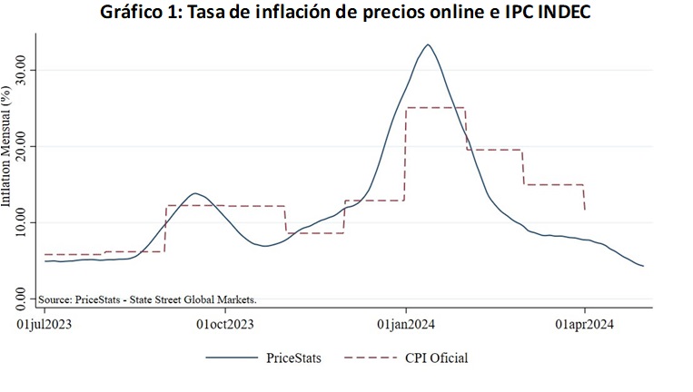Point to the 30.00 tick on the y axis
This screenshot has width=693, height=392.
[x=25, y=70]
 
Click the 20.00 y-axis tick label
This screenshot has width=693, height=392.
[x=25, y=146]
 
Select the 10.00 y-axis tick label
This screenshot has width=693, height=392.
[x=25, y=222]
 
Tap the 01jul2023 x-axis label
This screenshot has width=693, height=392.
[x=45, y=322]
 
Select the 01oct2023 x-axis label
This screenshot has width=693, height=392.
[x=224, y=322]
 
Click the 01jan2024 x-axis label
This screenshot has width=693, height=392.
[x=405, y=322]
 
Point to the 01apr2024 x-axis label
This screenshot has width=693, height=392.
[x=584, y=322]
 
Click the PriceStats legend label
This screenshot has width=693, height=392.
[x=293, y=358]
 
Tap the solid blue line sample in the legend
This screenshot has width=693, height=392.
[x=231, y=358]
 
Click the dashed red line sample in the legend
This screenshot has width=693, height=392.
[x=370, y=358]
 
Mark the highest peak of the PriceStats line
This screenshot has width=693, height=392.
[x=428, y=44]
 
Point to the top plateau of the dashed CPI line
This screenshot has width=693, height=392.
[x=435, y=108]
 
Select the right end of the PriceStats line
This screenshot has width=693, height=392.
[x=643, y=266]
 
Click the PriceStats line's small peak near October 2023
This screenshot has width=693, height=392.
[x=194, y=193]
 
